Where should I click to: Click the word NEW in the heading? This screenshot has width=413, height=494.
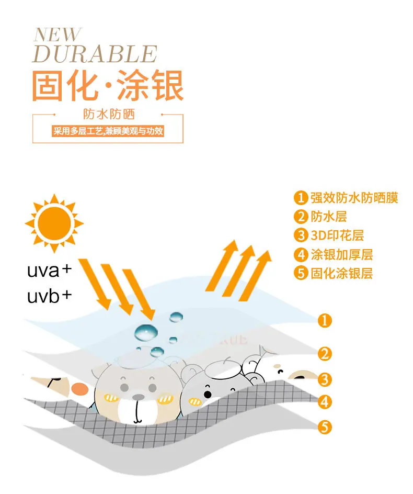point(58,35)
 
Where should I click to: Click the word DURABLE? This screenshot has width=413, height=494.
point(95,53)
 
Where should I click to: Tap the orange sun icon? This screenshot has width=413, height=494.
point(54,223)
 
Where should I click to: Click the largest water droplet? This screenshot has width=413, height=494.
point(146,332)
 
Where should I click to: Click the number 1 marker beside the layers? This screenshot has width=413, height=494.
point(325,321)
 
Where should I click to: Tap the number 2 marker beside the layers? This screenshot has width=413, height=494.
point(325,354)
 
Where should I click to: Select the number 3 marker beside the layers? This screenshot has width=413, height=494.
point(325,379)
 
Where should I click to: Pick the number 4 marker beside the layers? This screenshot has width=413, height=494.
point(325,402)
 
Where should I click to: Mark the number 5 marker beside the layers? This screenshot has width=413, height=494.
point(325,427)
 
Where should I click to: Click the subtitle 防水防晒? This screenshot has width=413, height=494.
point(109,114)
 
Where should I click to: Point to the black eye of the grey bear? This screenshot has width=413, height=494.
point(208,395)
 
